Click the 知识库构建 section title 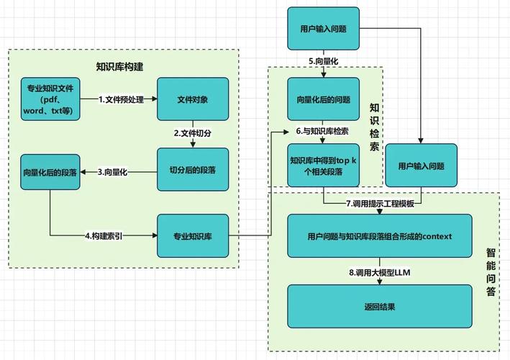pyautogui.click(x=119, y=67)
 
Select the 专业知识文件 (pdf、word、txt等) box pyautogui.click(x=50, y=99)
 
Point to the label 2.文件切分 pyautogui.click(x=192, y=133)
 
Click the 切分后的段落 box pyautogui.click(x=192, y=169)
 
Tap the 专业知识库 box pyautogui.click(x=192, y=235)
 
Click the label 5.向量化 pyautogui.click(x=323, y=61)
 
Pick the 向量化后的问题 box pyautogui.click(x=323, y=99)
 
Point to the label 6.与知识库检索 pyautogui.click(x=323, y=132)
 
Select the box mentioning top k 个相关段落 pyautogui.click(x=323, y=166)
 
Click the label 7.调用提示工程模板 pyautogui.click(x=380, y=204)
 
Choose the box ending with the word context pyautogui.click(x=379, y=235)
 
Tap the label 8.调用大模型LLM pyautogui.click(x=380, y=272)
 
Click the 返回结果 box pyautogui.click(x=379, y=306)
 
